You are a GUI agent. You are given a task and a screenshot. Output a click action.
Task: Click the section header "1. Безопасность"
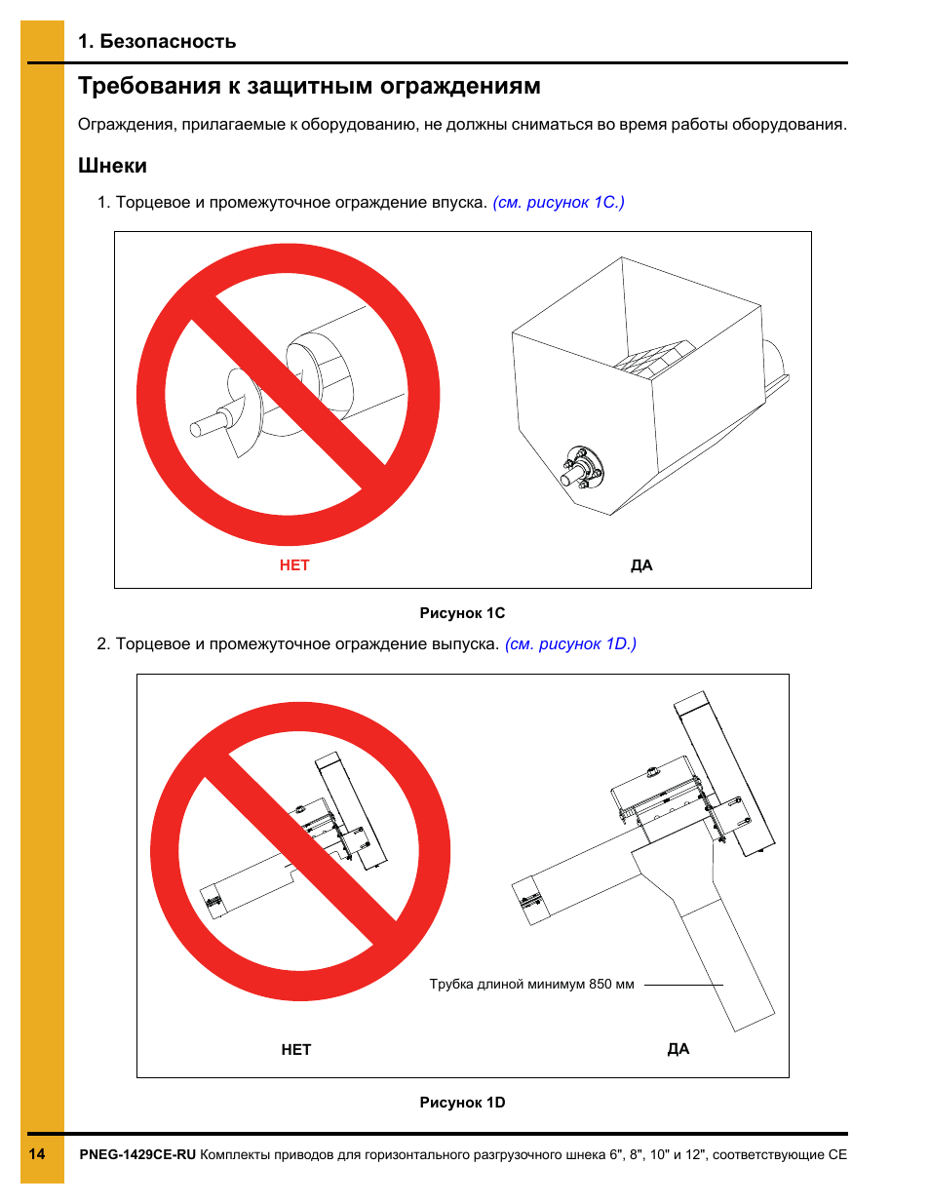(157, 41)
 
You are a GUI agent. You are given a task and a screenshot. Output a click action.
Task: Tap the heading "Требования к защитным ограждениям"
(309, 86)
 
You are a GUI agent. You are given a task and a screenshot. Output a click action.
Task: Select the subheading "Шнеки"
(112, 166)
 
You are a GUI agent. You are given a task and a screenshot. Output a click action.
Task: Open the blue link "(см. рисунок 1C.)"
(559, 203)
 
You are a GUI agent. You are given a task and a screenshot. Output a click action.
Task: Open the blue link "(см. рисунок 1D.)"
(570, 644)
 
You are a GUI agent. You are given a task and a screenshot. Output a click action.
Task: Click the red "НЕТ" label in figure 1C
(294, 565)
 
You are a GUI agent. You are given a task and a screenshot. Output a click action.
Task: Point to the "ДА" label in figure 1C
(641, 565)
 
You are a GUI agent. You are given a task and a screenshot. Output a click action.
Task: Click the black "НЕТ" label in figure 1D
(296, 1050)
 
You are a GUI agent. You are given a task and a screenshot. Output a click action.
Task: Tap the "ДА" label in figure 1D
(678, 1049)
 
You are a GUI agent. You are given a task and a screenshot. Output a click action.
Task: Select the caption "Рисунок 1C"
(462, 613)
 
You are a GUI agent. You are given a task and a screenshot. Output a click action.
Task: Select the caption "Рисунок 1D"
(462, 1103)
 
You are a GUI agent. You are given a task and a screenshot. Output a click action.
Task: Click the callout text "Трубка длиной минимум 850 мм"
(531, 985)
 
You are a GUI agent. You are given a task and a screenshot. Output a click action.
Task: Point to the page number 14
(37, 1154)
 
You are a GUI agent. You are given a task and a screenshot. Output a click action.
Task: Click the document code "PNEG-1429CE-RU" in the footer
(137, 1155)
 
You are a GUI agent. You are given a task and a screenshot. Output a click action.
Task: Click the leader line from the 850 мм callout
(682, 985)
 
